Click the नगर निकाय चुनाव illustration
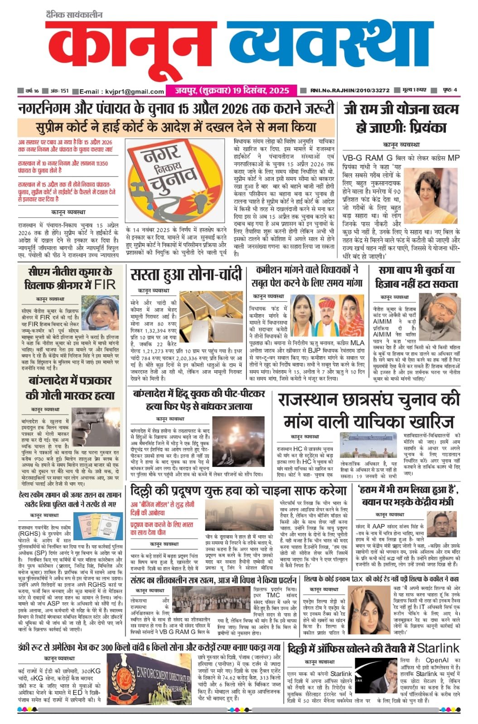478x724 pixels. coord(176,181)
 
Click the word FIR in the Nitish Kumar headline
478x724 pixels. coord(104,285)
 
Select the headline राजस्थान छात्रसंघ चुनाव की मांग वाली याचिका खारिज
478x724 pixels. coord(368,411)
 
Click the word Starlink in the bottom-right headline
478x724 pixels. coord(438,648)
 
